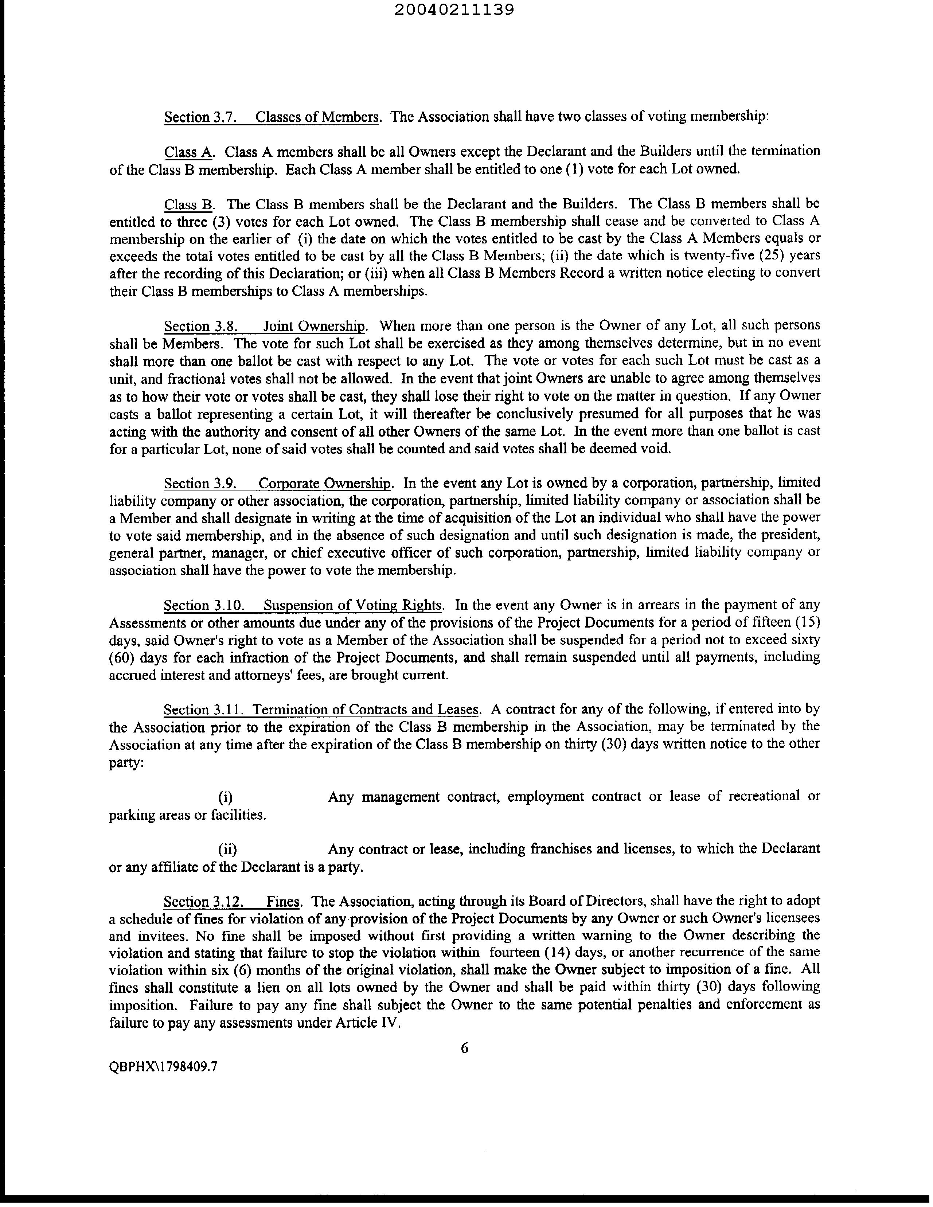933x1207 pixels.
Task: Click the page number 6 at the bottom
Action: pyautogui.click(x=464, y=1048)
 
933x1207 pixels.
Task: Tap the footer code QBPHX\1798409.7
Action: pyautogui.click(x=163, y=1067)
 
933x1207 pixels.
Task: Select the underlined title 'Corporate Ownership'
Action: pyautogui.click(x=324, y=484)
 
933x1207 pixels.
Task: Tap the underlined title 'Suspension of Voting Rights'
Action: pyautogui.click(x=353, y=605)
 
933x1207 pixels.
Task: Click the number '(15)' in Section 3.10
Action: pyautogui.click(x=807, y=622)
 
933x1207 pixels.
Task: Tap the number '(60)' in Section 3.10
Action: pyautogui.click(x=121, y=658)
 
